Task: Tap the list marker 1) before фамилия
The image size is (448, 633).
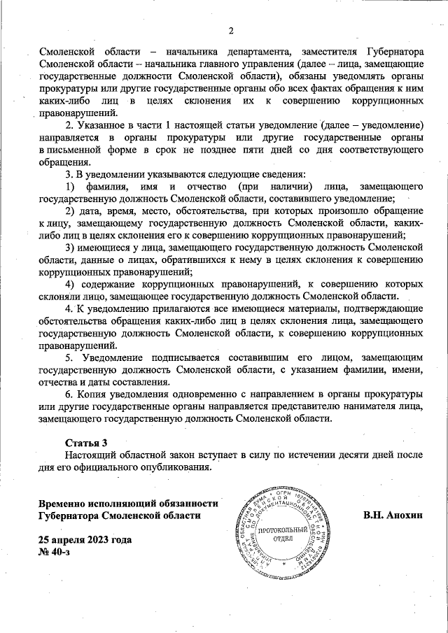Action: pos(70,187)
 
